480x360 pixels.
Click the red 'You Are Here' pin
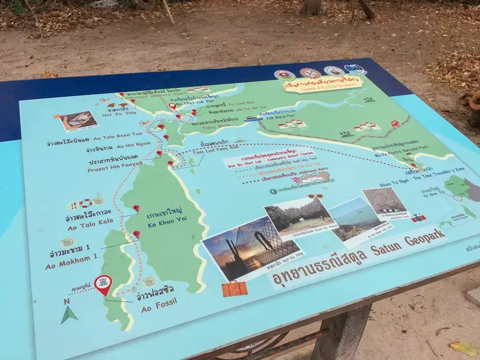click(103, 284)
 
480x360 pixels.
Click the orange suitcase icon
click(234, 289)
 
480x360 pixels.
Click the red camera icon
click(418, 218)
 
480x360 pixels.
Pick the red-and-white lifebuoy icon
click(85, 203)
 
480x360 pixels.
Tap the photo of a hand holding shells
click(79, 121)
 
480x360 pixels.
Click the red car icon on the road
click(395, 124)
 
